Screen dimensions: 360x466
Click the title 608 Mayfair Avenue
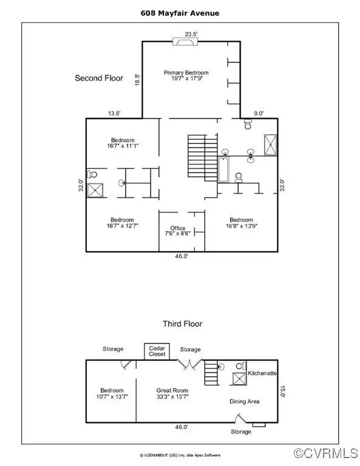180,13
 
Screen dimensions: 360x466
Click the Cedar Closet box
157,351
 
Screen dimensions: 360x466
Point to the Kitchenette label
262,373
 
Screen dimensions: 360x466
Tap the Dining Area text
245,401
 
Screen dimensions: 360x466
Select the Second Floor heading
99,78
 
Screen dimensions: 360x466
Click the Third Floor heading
183,323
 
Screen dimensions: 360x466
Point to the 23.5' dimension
191,34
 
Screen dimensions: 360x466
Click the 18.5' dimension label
137,79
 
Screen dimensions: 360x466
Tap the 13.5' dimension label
114,113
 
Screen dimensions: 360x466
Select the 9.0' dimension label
259,113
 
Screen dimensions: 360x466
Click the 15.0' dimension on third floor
282,391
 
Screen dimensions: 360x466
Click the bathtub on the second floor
223,170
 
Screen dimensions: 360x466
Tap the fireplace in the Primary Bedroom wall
186,42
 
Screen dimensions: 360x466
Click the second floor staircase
202,158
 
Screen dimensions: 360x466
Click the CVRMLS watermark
326,453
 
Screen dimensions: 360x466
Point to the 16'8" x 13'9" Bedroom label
242,223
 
